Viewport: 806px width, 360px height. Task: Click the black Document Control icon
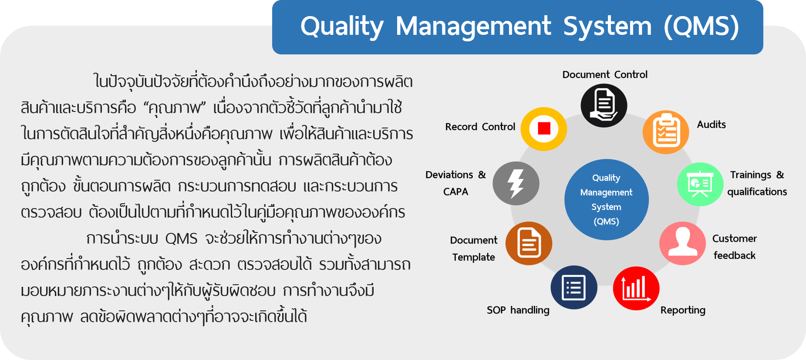coord(604,105)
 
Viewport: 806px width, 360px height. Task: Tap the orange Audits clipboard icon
coord(666,132)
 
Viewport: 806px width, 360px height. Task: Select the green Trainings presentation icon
coord(700,184)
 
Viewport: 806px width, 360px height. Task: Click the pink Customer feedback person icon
coord(682,243)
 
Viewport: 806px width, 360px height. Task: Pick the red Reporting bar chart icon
coord(636,288)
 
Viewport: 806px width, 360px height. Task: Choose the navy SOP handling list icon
coord(574,287)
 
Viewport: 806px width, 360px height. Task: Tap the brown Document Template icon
coord(529,243)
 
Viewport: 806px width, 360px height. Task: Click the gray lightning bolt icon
coord(516,183)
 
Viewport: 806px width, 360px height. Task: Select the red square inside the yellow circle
coord(544,128)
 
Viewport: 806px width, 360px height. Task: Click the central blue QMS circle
coord(607,199)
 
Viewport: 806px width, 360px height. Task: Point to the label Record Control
coord(480,127)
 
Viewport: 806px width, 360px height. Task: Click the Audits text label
coord(712,124)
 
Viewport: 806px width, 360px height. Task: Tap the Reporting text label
coord(683,310)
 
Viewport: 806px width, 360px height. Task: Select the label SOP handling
coord(518,310)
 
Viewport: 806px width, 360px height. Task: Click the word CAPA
coord(455,192)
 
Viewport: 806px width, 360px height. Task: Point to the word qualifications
coord(757,192)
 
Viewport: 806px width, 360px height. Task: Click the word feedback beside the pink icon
coord(735,256)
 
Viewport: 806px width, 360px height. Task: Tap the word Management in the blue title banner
coord(473,26)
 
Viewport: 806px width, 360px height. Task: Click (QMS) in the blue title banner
coord(701,26)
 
